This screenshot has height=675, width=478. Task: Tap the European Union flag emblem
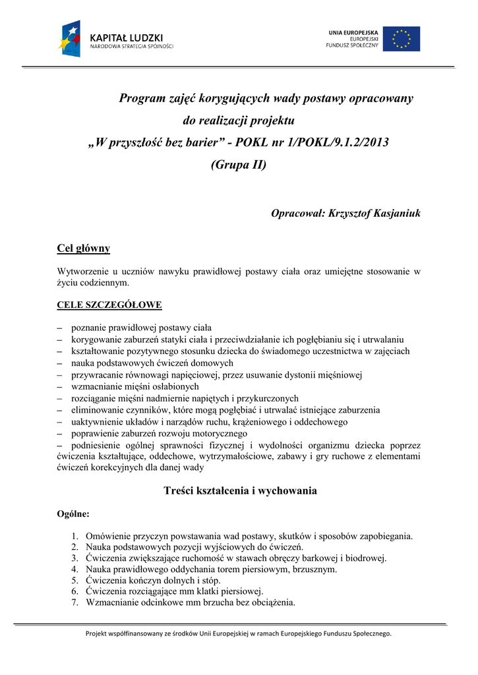pyautogui.click(x=402, y=39)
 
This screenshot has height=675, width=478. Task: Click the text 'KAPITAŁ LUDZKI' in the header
pyautogui.click(x=126, y=38)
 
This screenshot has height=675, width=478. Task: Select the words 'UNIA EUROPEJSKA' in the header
pyautogui.click(x=353, y=32)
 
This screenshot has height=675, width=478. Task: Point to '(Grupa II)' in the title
pyautogui.click(x=239, y=165)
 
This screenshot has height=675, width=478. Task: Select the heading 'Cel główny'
pyautogui.click(x=84, y=249)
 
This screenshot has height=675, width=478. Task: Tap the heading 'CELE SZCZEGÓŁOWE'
pyautogui.click(x=109, y=305)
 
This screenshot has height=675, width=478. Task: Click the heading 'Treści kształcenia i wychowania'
pyautogui.click(x=240, y=490)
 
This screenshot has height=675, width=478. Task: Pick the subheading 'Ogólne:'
pyautogui.click(x=74, y=514)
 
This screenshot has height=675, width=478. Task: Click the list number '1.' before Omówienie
pyautogui.click(x=75, y=537)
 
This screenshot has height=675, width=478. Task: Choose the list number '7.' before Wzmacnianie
pyautogui.click(x=75, y=602)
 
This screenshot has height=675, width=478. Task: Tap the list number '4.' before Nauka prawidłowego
pyautogui.click(x=75, y=570)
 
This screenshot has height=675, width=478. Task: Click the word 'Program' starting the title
pyautogui.click(x=142, y=99)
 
